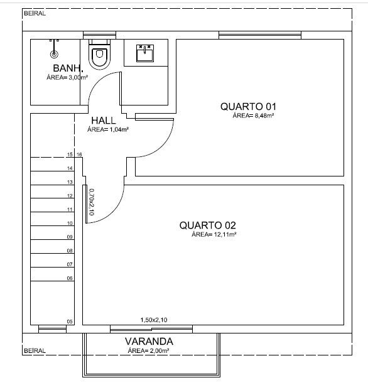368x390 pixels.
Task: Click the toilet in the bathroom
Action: point(99,54)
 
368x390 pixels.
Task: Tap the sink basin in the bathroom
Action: point(145,53)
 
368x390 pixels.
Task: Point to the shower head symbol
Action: point(54,54)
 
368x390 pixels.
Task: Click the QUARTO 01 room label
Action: point(248,107)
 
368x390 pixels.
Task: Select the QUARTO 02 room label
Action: point(207,225)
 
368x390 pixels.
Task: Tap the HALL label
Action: point(104,121)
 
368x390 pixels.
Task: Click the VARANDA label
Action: point(149,342)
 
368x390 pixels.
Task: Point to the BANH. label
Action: point(68,68)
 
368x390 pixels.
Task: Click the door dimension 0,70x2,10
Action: point(92,202)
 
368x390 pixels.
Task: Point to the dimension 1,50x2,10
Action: point(154,320)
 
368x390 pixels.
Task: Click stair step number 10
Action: point(70,223)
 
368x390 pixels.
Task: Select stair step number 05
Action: point(70,322)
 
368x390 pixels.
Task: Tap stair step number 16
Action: point(79,154)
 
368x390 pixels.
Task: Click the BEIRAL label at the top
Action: point(35,13)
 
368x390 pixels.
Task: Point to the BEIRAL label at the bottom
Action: point(35,350)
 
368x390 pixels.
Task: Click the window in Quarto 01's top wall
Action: point(260,35)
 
